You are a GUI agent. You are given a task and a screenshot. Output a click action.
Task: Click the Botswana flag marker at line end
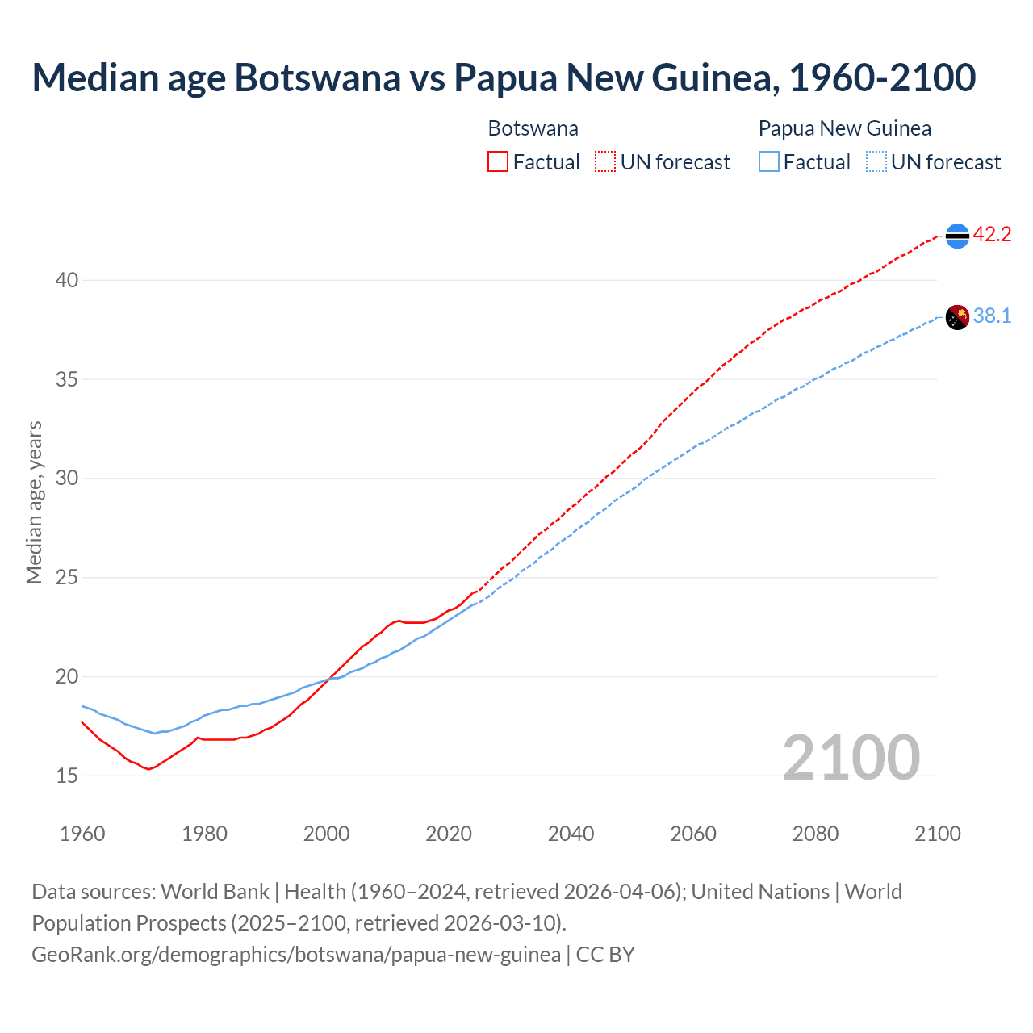957,236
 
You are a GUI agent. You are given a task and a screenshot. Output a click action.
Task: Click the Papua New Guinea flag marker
957,317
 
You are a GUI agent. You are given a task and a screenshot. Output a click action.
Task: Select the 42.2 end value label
992,235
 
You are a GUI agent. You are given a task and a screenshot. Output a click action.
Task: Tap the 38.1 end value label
992,316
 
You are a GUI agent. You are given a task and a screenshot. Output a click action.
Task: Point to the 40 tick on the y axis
67,281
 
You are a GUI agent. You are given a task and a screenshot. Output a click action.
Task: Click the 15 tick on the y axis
67,776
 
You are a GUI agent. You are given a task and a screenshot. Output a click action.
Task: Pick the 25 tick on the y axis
67,578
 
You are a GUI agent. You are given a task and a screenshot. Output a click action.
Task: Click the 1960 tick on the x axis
82,834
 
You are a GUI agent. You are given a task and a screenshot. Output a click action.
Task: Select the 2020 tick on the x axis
449,834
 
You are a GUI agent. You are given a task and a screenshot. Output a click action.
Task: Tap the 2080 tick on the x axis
815,834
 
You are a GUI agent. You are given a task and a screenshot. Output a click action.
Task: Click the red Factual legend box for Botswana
498,162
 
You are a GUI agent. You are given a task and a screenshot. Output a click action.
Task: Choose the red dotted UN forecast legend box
605,162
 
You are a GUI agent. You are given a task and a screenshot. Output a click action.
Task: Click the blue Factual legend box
769,162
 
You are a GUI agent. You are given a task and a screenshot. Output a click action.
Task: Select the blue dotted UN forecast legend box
876,162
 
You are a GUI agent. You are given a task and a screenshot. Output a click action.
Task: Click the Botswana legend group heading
533,128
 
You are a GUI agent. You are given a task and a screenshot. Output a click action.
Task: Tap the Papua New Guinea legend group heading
845,128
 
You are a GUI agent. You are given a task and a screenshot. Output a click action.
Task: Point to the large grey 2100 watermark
851,757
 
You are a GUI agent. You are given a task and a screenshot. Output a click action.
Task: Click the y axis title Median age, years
34,502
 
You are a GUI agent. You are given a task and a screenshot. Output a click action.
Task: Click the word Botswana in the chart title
317,77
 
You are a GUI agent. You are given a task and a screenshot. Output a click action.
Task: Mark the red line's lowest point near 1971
148,769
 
